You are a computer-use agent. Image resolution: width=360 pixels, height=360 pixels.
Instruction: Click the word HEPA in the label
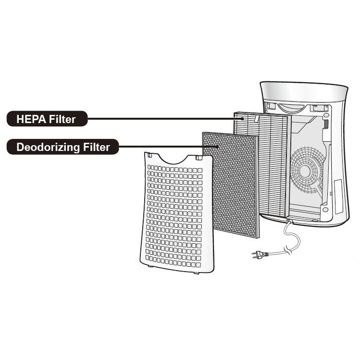click(x=31, y=119)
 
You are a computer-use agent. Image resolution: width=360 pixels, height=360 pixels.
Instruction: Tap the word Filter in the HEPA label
click(x=62, y=119)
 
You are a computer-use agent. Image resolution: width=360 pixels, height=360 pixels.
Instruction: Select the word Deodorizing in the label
click(x=48, y=148)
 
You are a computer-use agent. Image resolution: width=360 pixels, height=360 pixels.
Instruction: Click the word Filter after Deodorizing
click(x=97, y=147)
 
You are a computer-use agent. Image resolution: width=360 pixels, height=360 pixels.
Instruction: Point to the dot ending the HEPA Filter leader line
click(x=242, y=118)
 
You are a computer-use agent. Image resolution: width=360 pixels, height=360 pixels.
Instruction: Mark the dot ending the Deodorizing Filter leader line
click(x=217, y=146)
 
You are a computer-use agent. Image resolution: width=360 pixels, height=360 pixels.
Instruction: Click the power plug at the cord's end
click(x=260, y=255)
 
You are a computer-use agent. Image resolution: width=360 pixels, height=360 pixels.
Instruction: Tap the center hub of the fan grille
click(x=305, y=170)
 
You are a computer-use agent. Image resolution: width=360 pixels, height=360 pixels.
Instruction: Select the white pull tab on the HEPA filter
click(x=257, y=119)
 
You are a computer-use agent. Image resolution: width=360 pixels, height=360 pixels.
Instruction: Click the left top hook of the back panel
click(x=149, y=155)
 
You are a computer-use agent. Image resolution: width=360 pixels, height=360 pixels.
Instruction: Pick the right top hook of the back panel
click(x=199, y=158)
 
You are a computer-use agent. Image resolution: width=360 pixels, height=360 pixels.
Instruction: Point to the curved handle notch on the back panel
click(x=174, y=160)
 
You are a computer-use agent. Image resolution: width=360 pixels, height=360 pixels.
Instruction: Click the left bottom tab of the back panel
click(x=150, y=266)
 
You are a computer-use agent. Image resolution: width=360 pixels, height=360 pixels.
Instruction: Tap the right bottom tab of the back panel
click(x=196, y=273)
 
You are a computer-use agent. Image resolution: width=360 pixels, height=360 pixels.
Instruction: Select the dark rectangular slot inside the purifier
click(x=325, y=124)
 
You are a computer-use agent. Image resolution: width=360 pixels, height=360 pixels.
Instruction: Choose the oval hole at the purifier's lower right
click(x=325, y=210)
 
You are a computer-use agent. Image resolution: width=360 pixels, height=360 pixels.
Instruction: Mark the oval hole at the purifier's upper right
click(x=326, y=115)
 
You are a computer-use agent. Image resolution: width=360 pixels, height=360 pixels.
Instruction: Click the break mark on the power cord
click(x=288, y=249)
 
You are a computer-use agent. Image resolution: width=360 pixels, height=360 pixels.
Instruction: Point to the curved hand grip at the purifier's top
click(x=292, y=108)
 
